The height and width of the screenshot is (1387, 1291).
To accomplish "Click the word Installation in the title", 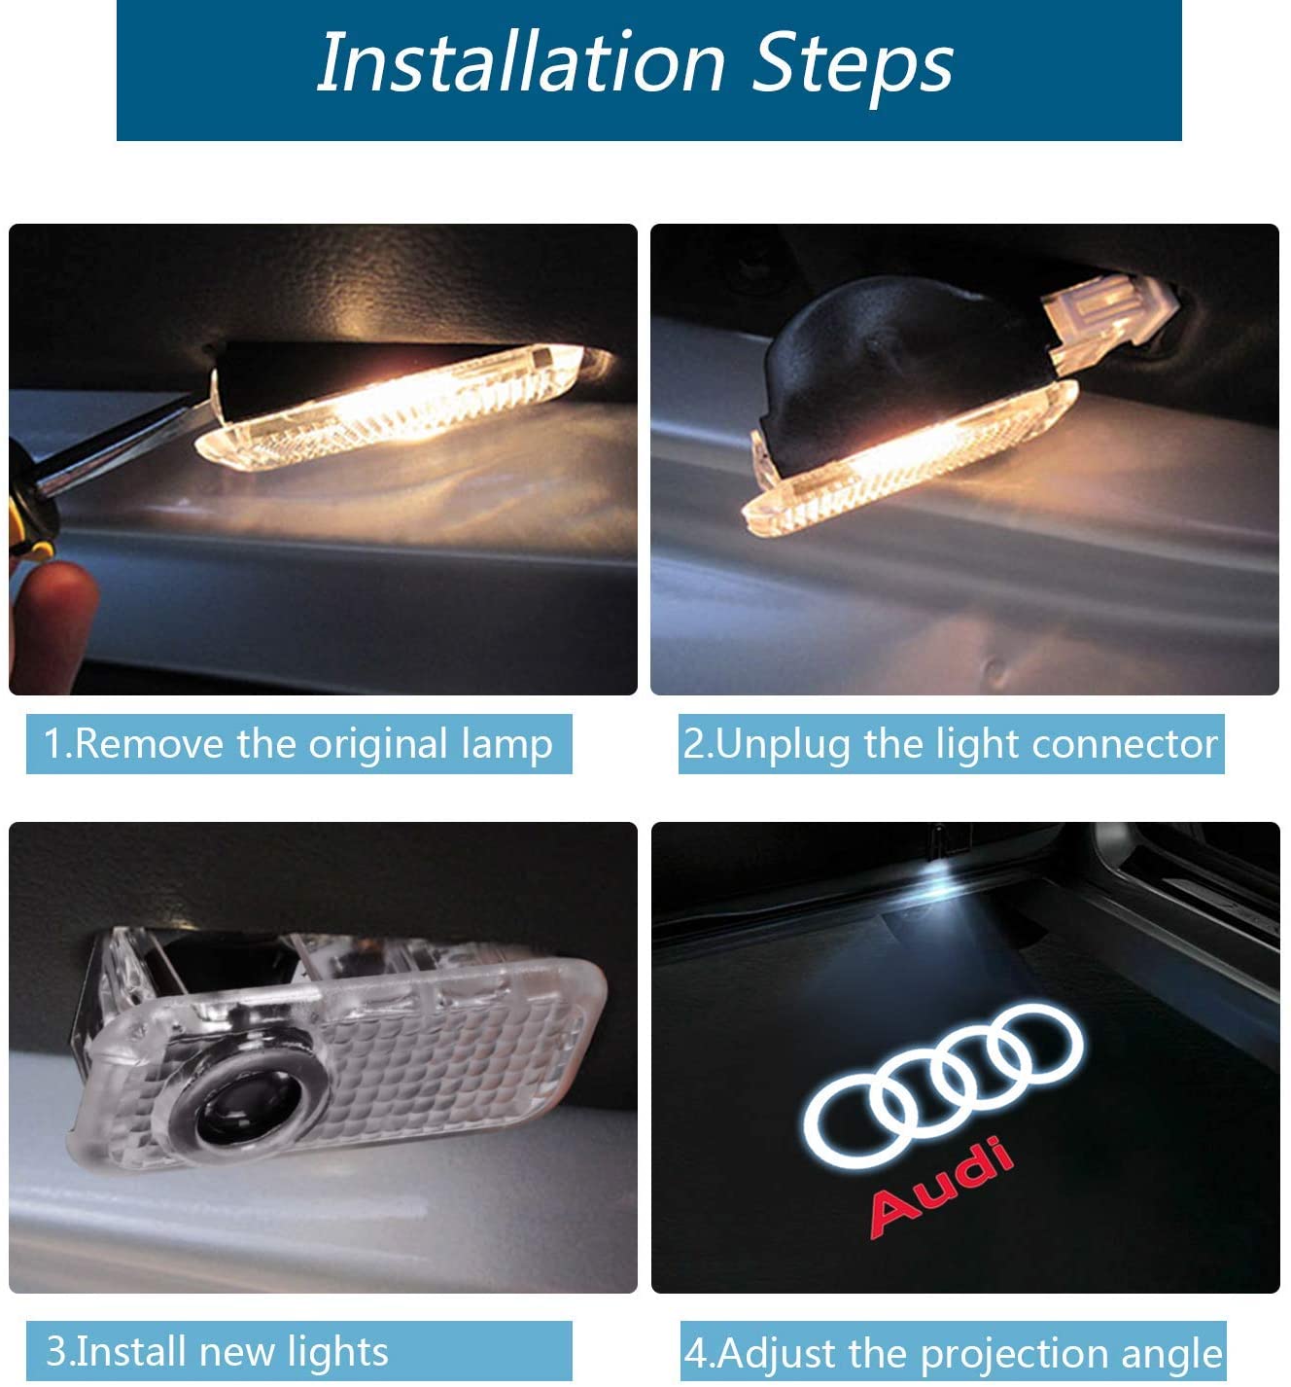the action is (x=521, y=62).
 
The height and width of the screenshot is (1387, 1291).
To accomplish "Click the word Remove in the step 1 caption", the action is (x=149, y=744).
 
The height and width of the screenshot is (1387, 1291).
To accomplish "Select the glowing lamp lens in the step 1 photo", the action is (x=391, y=409).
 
